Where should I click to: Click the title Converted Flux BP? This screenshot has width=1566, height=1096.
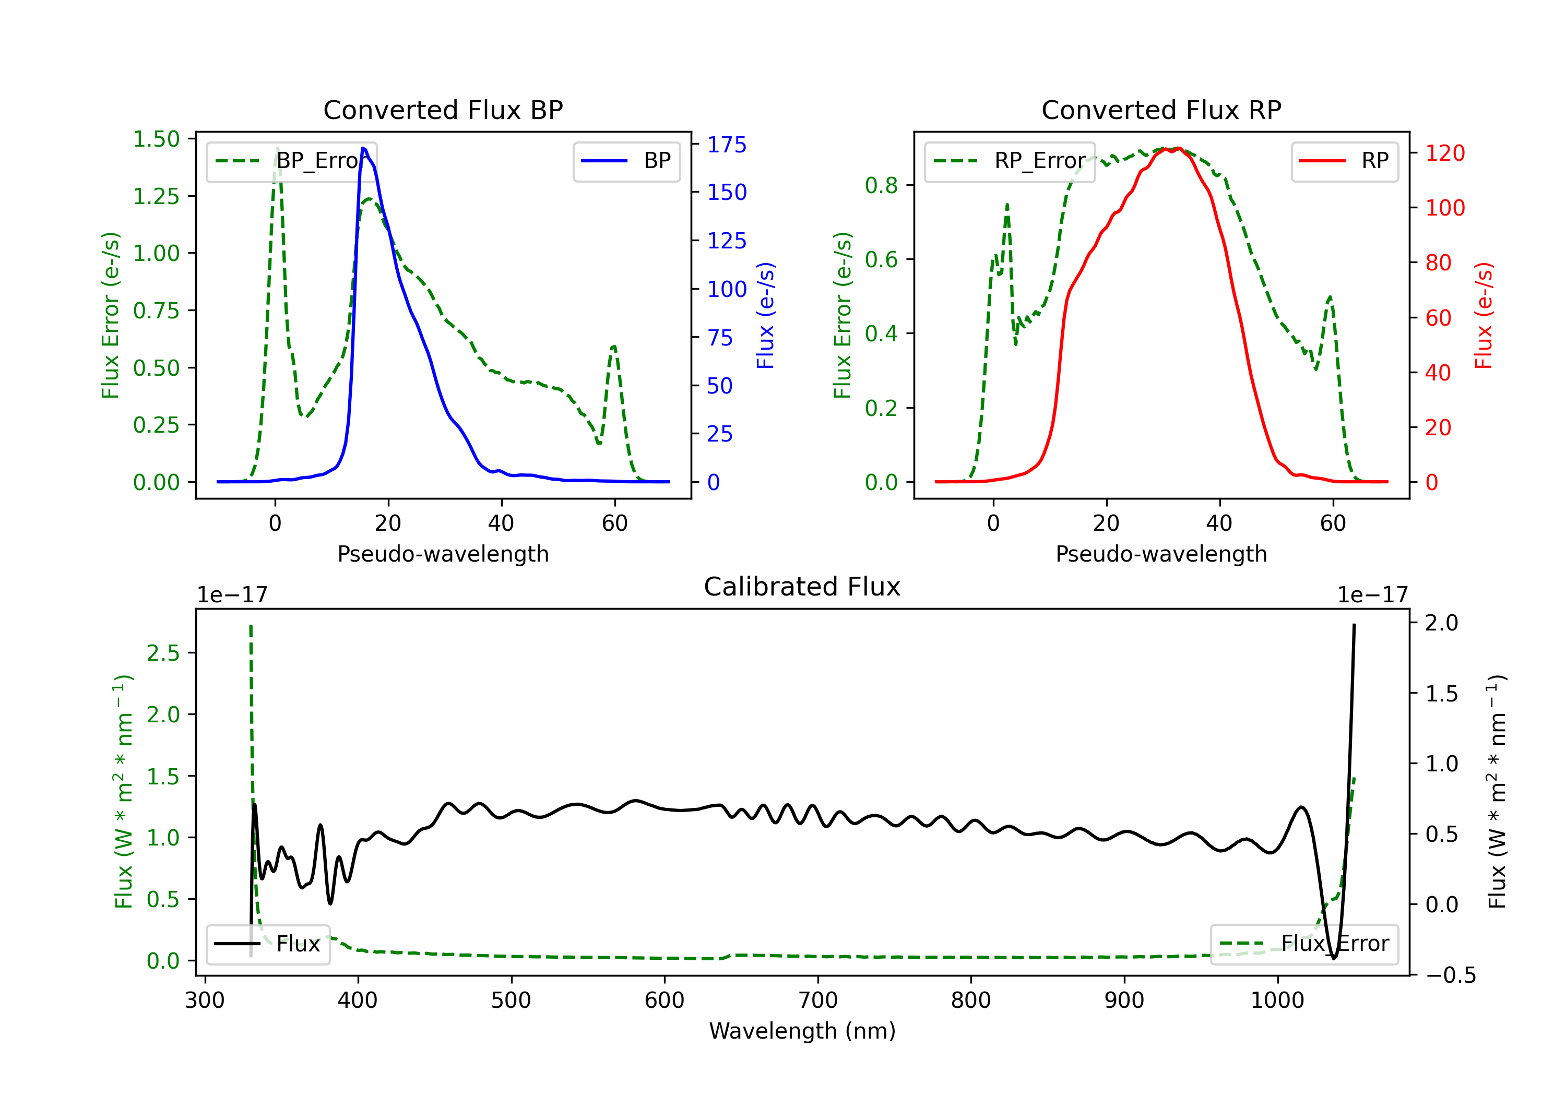[443, 110]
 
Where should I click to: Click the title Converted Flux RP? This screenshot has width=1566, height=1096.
[1161, 110]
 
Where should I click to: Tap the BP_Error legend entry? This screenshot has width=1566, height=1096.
[292, 161]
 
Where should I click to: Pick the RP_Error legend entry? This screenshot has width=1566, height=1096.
[1010, 161]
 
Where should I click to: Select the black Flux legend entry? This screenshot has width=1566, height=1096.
[268, 944]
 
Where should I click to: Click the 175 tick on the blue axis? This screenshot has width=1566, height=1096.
[727, 145]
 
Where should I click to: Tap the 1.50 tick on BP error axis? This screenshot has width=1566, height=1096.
[156, 139]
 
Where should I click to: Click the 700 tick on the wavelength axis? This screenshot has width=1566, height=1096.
[818, 1000]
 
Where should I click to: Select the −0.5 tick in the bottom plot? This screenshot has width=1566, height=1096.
[1450, 975]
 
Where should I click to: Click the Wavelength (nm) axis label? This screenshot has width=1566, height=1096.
[802, 1031]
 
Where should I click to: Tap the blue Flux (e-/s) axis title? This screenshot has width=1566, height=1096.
[765, 315]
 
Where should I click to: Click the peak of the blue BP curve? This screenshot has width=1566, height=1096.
[363, 148]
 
